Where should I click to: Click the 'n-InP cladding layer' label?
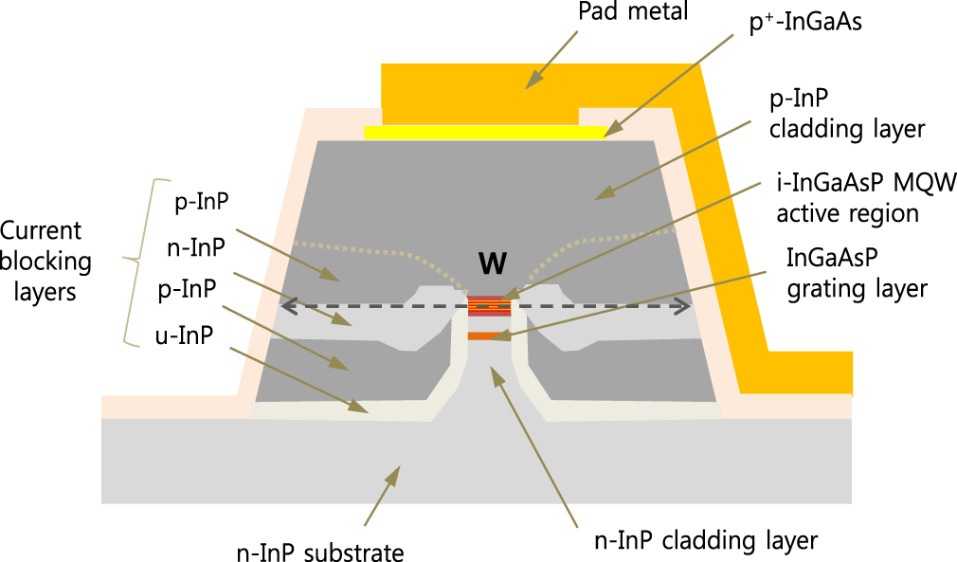click(x=706, y=541)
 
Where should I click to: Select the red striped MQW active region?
click(x=489, y=305)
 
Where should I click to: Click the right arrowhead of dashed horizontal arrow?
click(x=684, y=306)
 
